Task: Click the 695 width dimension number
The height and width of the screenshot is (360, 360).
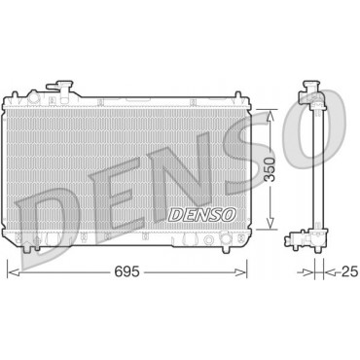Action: click(126, 272)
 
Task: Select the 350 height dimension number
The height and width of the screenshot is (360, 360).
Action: click(270, 169)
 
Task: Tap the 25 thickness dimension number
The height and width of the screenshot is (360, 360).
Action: click(350, 271)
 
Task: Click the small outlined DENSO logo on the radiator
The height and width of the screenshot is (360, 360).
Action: click(202, 214)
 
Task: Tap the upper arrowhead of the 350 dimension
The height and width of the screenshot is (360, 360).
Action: click(270, 116)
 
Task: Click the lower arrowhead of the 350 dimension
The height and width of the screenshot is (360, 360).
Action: click(270, 223)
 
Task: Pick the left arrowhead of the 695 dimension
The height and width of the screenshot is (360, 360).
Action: click(14, 272)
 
